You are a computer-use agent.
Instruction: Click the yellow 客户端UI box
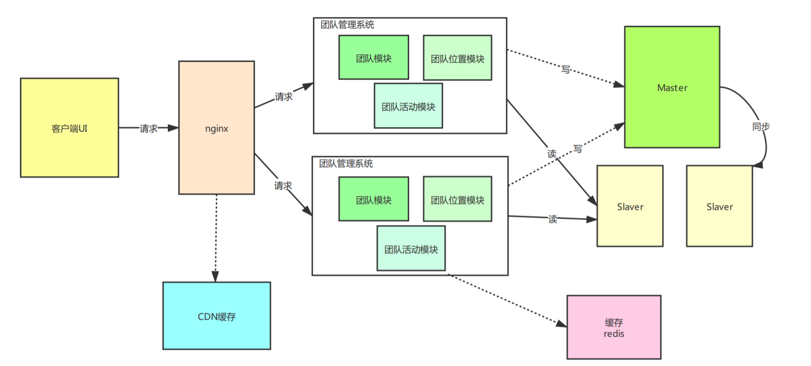coord(69,128)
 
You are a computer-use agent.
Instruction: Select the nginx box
coord(216,128)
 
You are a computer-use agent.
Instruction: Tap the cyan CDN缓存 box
coord(216,316)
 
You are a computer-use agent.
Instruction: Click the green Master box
coord(672,87)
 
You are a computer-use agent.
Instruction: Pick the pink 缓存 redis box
coord(614,327)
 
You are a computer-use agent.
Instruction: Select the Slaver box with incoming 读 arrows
coord(630,206)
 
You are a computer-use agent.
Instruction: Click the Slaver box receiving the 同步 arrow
coord(719,206)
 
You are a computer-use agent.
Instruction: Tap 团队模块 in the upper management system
coord(373,58)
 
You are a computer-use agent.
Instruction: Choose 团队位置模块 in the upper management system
coord(457,58)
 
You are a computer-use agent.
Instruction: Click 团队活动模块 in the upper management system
coord(408,106)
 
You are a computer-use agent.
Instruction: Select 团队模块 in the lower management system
coord(373,199)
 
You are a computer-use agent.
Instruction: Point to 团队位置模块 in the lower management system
coord(457,199)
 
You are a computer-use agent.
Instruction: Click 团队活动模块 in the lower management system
coord(411,249)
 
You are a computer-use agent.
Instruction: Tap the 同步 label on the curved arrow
coord(761,126)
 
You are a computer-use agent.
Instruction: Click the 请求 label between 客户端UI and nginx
coord(148,128)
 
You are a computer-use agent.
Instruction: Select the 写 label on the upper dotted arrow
coord(565,69)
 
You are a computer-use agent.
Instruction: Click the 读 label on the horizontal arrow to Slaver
coord(552,219)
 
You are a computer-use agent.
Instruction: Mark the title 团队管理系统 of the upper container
coord(347,25)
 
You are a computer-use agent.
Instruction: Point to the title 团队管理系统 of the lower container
coord(346,163)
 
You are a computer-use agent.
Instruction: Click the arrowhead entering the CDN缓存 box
coord(215,277)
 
